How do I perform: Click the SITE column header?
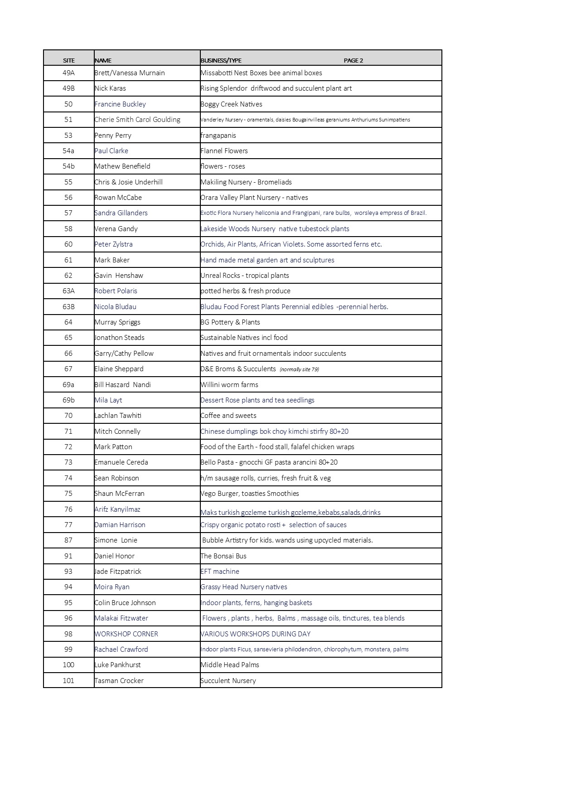point(68,61)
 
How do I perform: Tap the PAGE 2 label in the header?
point(353,61)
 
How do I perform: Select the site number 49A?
point(68,73)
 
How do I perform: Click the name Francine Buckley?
point(120,104)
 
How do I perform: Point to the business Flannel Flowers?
point(224,151)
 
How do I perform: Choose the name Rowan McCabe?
point(118,198)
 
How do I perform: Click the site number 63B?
point(68,307)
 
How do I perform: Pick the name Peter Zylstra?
point(113,244)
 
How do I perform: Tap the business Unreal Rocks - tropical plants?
point(245,276)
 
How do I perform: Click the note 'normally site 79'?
point(299,369)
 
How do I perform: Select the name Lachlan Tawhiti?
point(117,416)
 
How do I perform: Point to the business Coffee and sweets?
point(228,416)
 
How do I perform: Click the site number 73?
point(68,462)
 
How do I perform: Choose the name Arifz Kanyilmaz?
point(117,509)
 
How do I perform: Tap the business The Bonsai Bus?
point(223,556)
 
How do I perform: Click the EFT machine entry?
point(220,572)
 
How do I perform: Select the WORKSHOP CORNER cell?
point(126,634)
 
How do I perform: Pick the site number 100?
point(68,665)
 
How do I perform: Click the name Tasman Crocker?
point(119,681)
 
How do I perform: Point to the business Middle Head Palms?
point(230,665)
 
